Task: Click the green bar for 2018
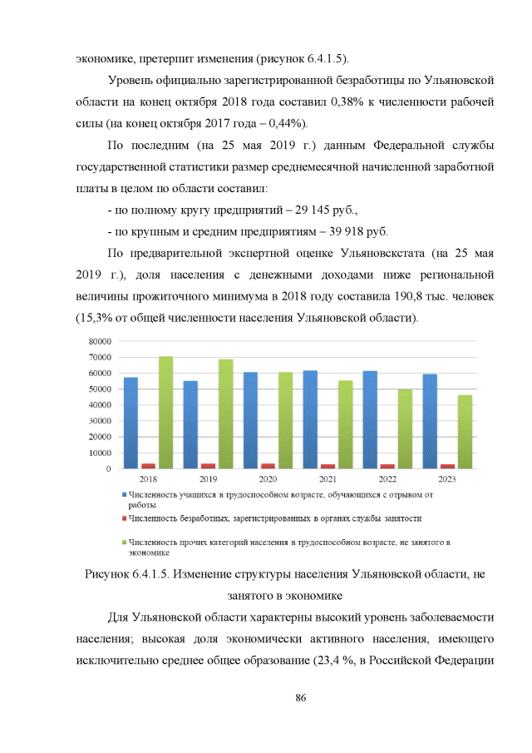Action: pyautogui.click(x=165, y=413)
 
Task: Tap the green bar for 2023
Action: pyautogui.click(x=465, y=432)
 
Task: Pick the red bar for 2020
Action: pyautogui.click(x=268, y=466)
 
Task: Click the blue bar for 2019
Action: pyautogui.click(x=190, y=424)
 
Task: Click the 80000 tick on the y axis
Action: pyautogui.click(x=100, y=341)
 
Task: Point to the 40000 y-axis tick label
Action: pyautogui.click(x=100, y=405)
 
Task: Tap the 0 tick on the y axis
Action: pyautogui.click(x=108, y=468)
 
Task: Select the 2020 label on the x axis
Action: pyautogui.click(x=268, y=479)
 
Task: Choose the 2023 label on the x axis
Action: pyautogui.click(x=446, y=479)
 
